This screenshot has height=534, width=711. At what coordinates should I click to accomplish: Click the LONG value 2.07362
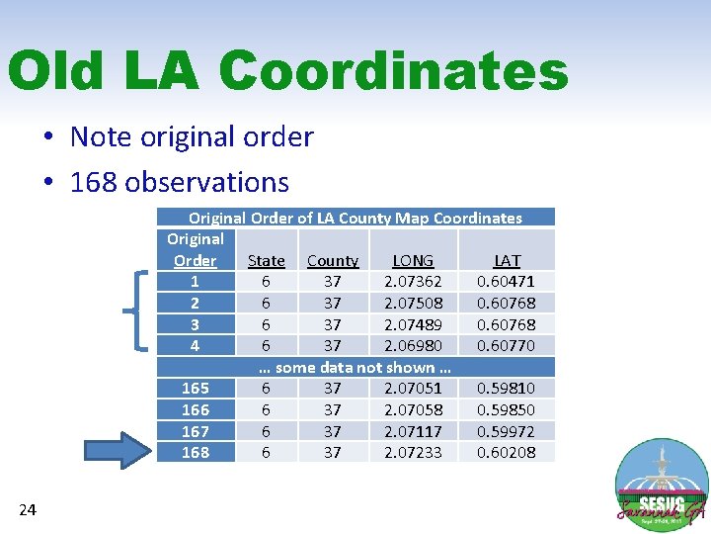point(413,282)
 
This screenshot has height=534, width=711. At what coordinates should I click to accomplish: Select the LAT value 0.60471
point(506,282)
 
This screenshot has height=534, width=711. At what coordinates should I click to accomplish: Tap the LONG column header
point(413,261)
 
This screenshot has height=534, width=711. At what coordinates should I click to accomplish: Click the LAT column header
point(507,261)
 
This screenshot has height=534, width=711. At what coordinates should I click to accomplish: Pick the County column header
point(333,261)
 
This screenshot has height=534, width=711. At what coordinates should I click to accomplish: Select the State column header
point(266,261)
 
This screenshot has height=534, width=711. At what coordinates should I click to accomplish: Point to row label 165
point(196,389)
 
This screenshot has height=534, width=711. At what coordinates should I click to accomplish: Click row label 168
point(196,452)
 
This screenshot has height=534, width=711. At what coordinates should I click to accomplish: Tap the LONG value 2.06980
point(413,345)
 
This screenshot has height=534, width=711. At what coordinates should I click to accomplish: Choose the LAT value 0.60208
point(506,452)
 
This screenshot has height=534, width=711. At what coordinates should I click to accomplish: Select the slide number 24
point(28,510)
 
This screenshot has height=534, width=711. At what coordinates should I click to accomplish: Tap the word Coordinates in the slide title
point(393,72)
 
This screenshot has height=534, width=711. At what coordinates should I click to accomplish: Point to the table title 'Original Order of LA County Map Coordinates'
point(355,218)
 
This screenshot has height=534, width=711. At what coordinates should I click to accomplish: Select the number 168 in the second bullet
point(94,182)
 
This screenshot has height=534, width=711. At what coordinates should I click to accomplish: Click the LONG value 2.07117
point(413,431)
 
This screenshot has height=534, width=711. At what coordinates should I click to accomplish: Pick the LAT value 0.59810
point(506,389)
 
